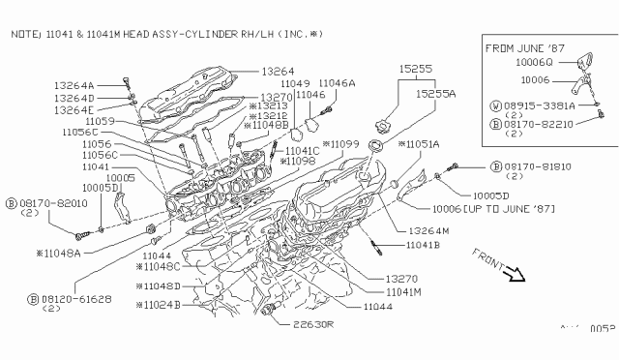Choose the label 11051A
422,143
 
